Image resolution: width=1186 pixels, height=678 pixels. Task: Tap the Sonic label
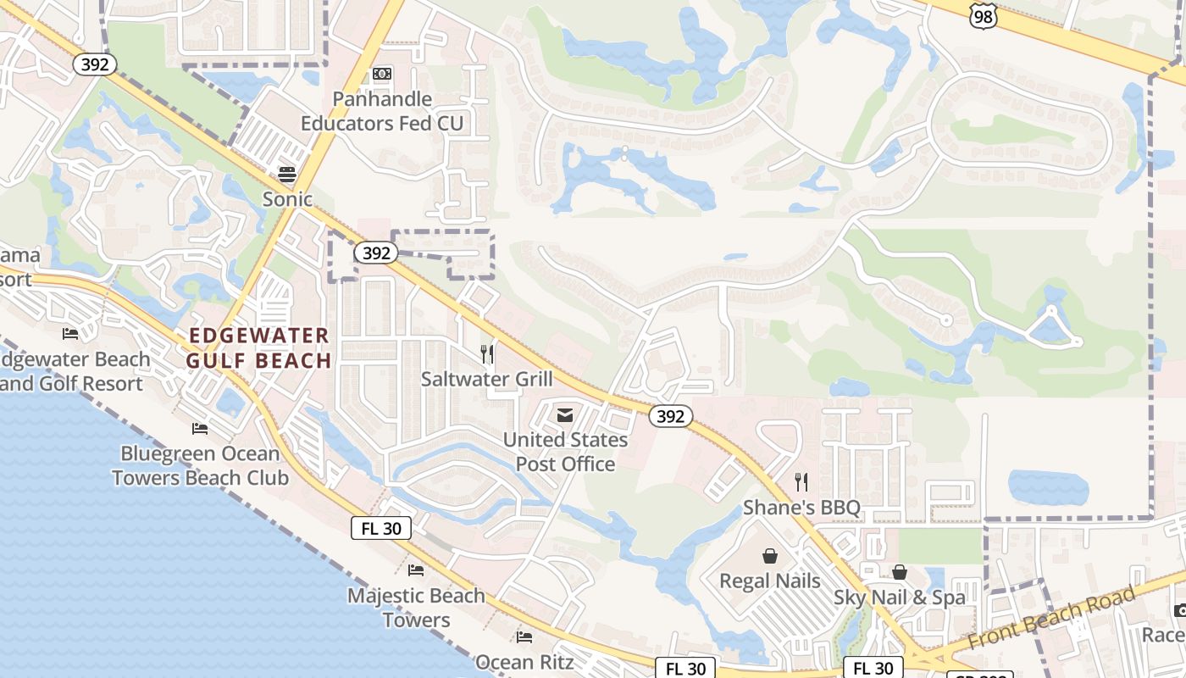pyautogui.click(x=287, y=199)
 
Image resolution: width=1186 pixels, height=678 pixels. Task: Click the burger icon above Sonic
pyautogui.click(x=287, y=175)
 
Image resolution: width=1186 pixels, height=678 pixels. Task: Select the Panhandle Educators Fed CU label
pyautogui.click(x=382, y=111)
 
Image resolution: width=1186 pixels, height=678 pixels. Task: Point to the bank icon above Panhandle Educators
pyautogui.click(x=382, y=74)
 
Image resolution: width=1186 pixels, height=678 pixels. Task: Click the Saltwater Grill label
pyautogui.click(x=486, y=379)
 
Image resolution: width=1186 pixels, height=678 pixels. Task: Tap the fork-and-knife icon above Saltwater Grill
pyautogui.click(x=486, y=354)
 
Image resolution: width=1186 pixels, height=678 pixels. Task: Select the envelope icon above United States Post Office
pyautogui.click(x=565, y=415)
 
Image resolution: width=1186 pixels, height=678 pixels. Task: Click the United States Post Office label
pyautogui.click(x=565, y=452)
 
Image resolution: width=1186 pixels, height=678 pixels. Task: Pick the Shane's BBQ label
pyautogui.click(x=801, y=508)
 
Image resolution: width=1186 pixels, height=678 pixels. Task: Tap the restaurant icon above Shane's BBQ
pyautogui.click(x=801, y=483)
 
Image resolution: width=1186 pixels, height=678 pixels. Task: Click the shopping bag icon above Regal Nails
pyautogui.click(x=770, y=556)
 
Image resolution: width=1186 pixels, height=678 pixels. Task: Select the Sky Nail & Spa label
pyautogui.click(x=899, y=597)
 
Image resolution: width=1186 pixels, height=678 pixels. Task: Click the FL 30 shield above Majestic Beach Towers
pyautogui.click(x=381, y=528)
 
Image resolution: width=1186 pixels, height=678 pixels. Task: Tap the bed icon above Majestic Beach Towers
pyautogui.click(x=416, y=570)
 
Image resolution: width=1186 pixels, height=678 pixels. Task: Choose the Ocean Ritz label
pyautogui.click(x=524, y=662)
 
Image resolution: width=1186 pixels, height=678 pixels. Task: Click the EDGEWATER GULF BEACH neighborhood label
pyautogui.click(x=259, y=348)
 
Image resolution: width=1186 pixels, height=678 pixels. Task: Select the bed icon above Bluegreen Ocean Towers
pyautogui.click(x=200, y=429)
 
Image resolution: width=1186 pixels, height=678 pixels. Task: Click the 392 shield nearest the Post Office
pyautogui.click(x=671, y=416)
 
